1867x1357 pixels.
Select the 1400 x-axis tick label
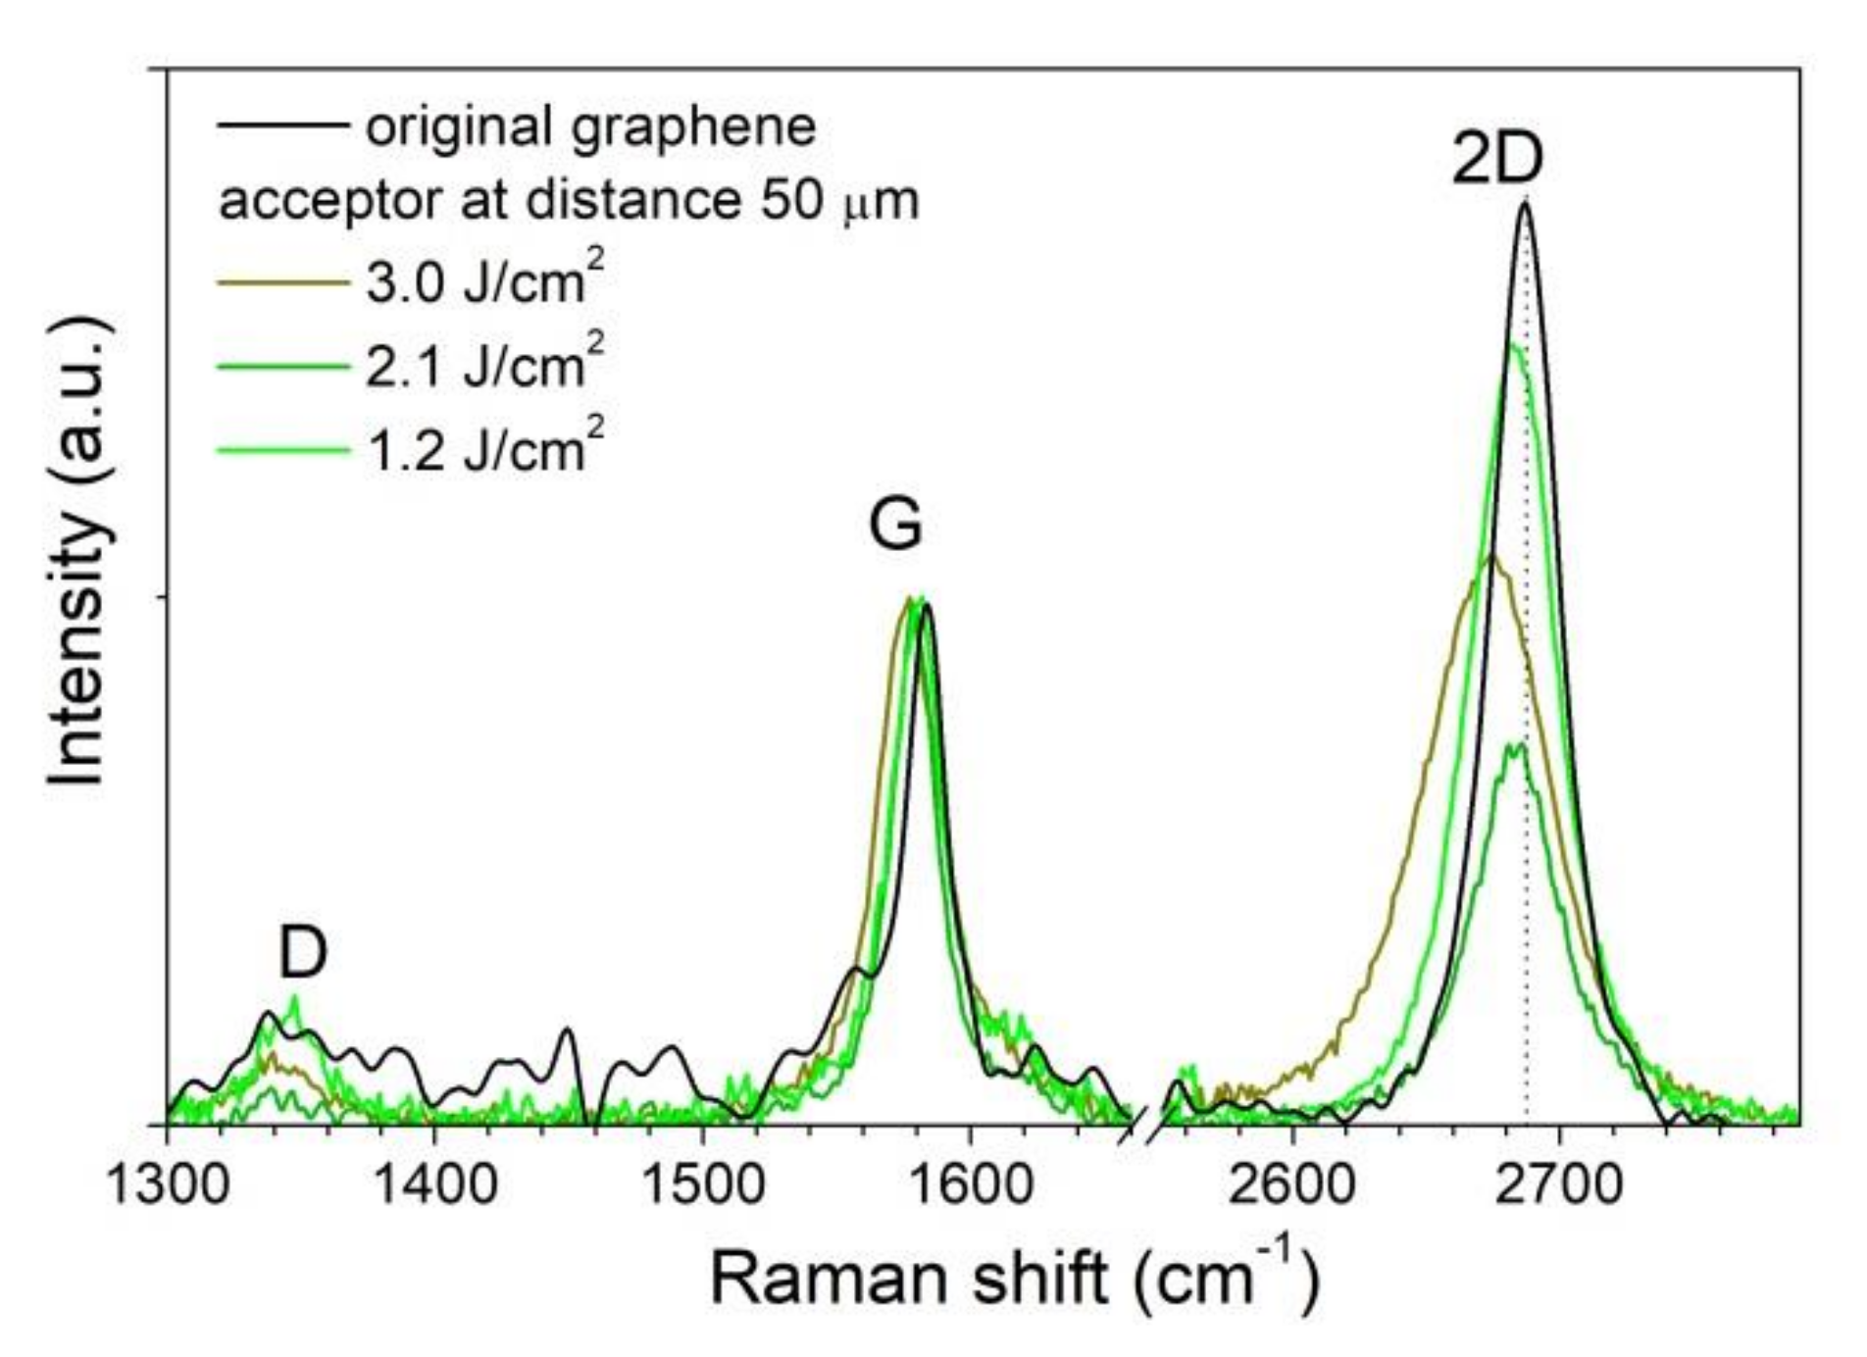tap(434, 1185)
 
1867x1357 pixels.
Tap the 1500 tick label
tap(702, 1185)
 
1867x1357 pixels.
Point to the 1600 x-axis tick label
tap(970, 1185)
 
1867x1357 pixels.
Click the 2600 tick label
tap(1292, 1185)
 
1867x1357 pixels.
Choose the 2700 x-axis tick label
tap(1559, 1185)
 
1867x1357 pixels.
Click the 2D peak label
tap(1497, 160)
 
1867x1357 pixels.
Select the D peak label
tap(302, 952)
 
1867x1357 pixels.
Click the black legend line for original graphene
tap(282, 126)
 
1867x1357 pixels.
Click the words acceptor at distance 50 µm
tap(569, 201)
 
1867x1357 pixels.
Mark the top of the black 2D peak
tap(1525, 204)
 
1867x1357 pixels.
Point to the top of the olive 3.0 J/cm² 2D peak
tap(1492, 557)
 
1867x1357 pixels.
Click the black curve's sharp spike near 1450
tap(566, 1030)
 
